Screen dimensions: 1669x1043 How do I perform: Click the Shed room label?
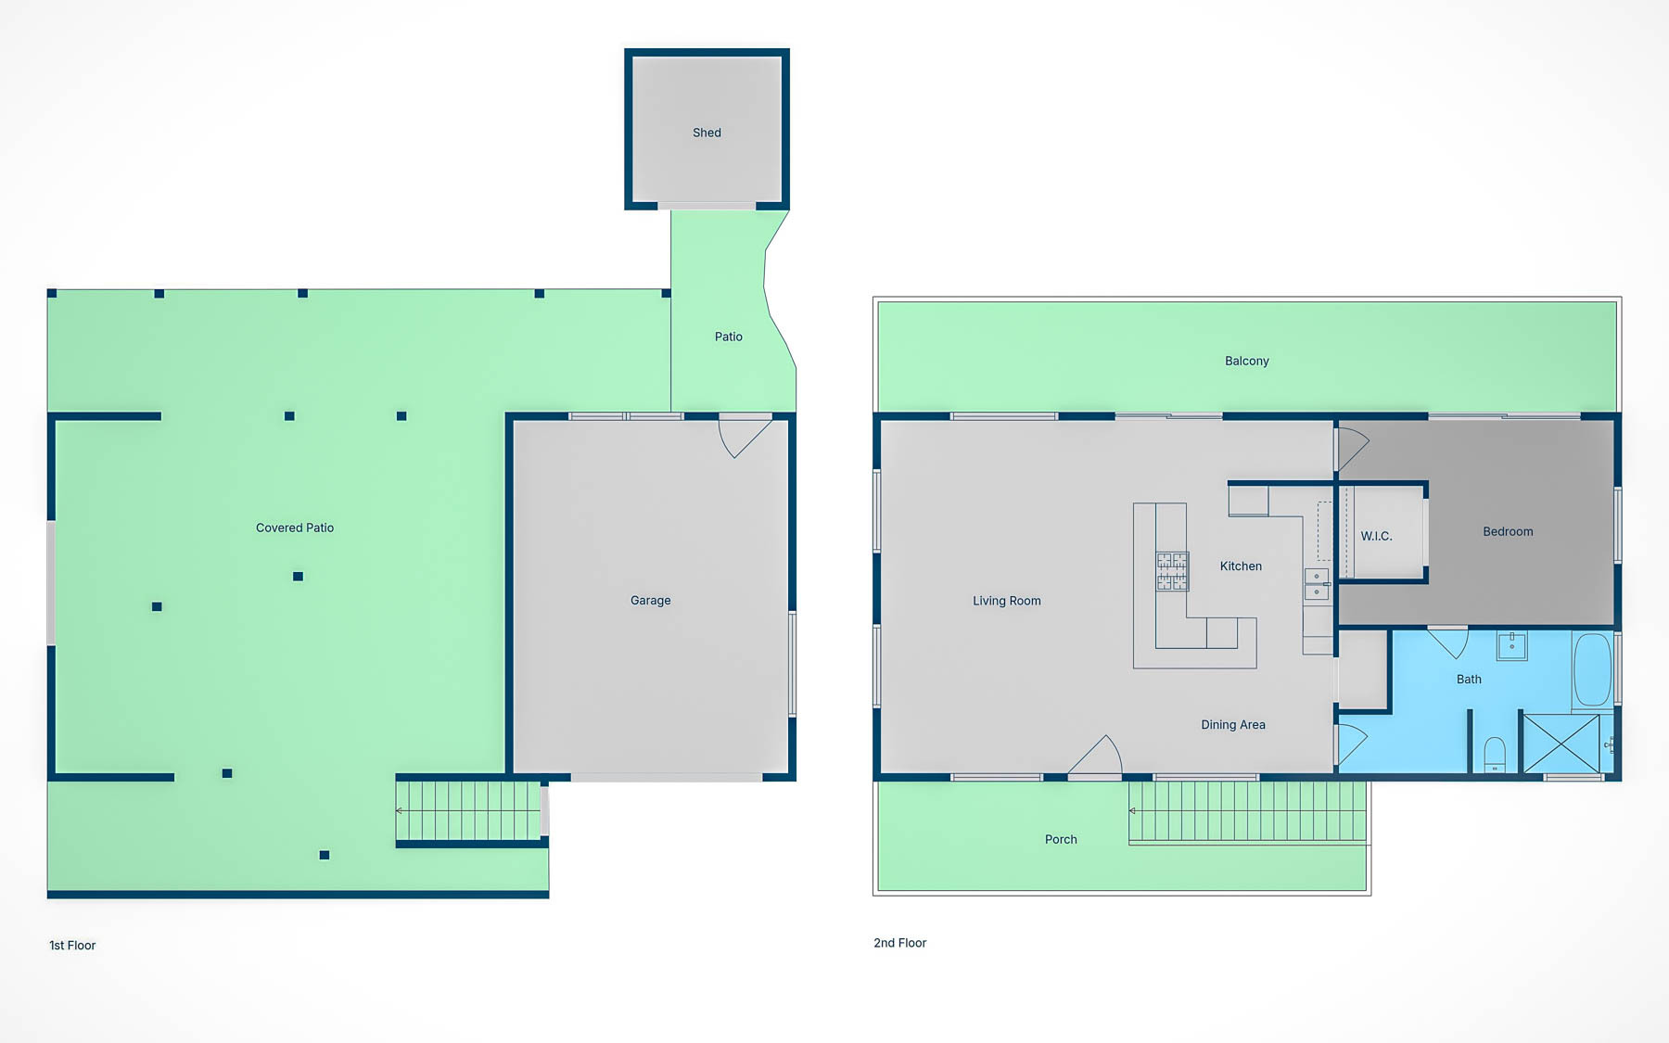[707, 133]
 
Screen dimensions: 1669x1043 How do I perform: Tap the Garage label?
[650, 601]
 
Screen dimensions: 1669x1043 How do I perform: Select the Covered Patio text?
[295, 528]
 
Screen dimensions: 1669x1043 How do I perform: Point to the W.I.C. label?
[1376, 536]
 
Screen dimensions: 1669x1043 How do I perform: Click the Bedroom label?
[1508, 531]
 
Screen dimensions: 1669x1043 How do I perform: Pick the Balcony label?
[1246, 361]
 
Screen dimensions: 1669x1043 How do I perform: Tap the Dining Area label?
[1232, 725]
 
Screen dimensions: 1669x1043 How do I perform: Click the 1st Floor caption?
[72, 946]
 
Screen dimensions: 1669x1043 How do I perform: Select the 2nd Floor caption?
[899, 943]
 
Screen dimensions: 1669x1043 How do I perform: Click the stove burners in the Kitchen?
[1172, 571]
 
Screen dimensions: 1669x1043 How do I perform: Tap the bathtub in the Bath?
[1592, 670]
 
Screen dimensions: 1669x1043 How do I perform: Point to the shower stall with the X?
[1561, 743]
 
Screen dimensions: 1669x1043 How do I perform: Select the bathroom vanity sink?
[1511, 645]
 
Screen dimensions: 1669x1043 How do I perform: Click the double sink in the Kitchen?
[1317, 584]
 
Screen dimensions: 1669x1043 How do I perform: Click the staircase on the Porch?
[1247, 811]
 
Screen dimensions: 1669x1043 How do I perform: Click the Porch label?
[1061, 840]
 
